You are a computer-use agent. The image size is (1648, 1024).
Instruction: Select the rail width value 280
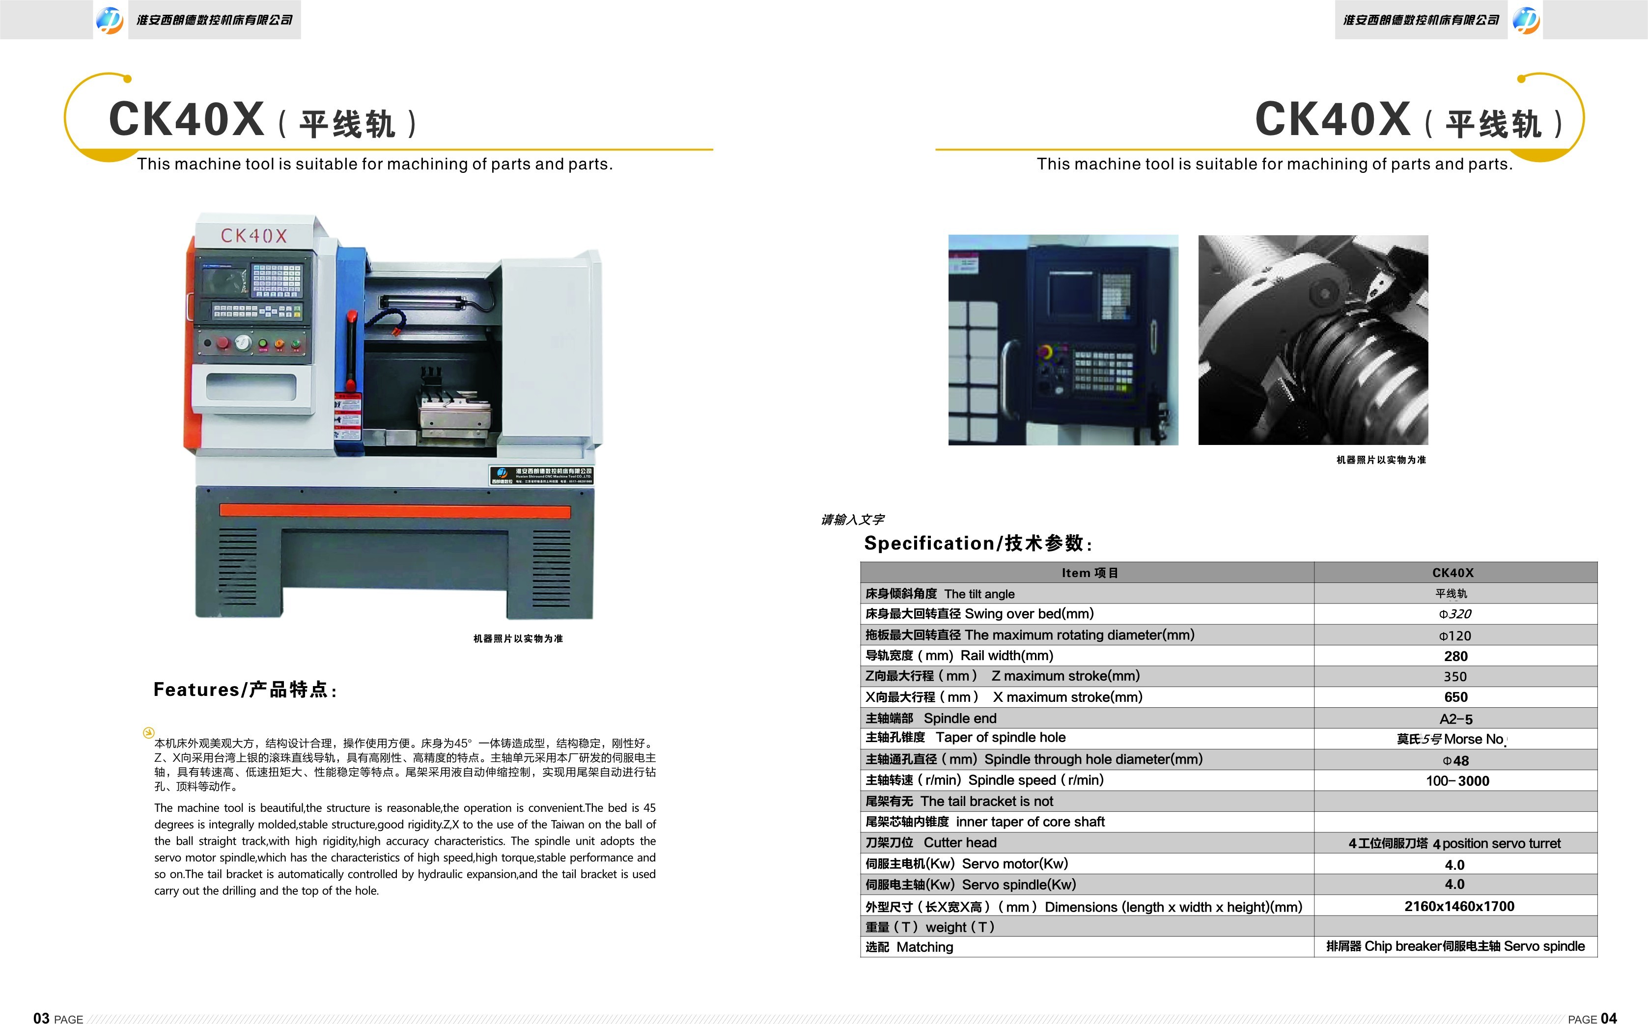pos(1455,656)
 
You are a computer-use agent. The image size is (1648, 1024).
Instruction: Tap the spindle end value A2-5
pos(1455,719)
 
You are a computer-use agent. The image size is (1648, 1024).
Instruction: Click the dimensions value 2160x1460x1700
pos(1459,906)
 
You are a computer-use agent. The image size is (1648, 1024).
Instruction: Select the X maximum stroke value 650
pos(1455,697)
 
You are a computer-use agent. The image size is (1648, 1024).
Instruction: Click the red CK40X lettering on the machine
pos(254,236)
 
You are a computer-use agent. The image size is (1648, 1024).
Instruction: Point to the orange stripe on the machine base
pos(395,511)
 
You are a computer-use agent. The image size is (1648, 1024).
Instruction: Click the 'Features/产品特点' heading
pos(245,690)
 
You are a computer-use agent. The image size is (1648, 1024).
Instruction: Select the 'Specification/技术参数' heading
pos(978,543)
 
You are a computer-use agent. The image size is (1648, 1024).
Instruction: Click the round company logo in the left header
pos(110,20)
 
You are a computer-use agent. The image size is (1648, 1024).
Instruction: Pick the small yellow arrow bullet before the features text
pos(149,732)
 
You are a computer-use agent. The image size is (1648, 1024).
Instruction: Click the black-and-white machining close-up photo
pos(1313,340)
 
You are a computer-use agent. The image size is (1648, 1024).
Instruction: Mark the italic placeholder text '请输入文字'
pos(852,520)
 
